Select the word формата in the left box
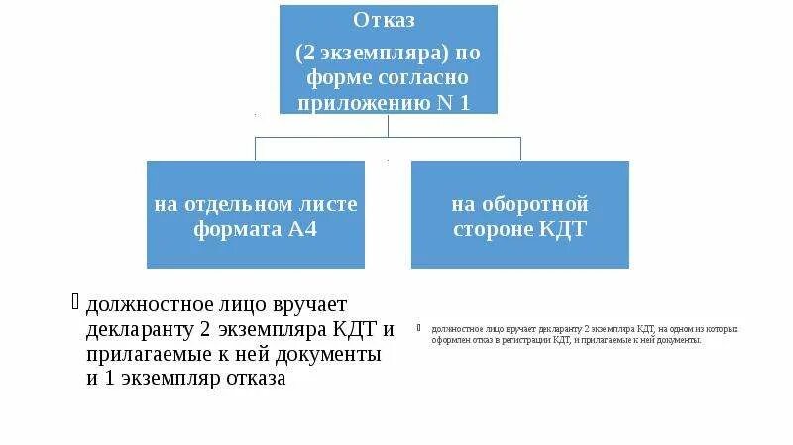(x=227, y=228)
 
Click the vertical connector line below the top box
(x=389, y=125)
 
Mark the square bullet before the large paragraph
(x=78, y=300)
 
